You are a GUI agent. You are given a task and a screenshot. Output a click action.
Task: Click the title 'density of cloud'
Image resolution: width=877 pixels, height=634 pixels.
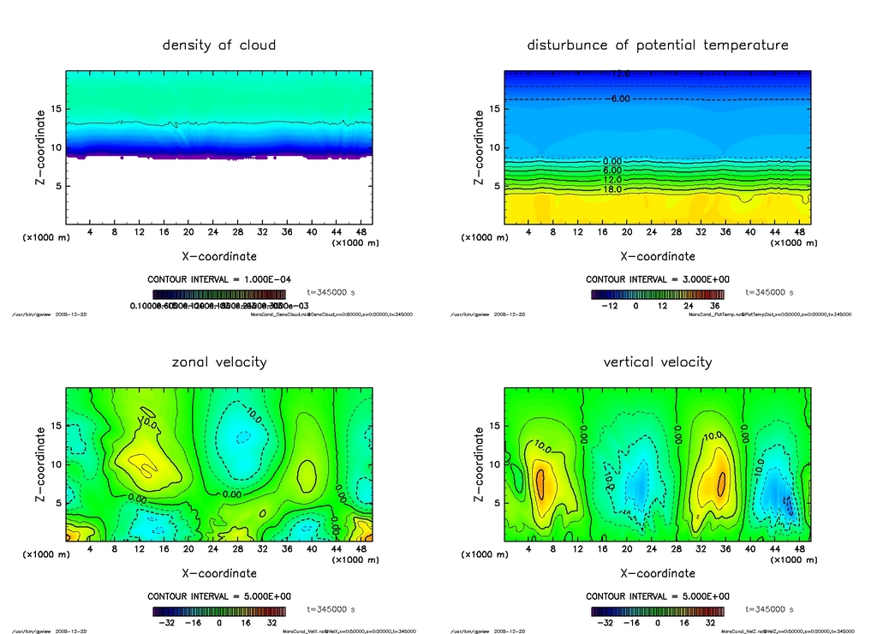click(219, 45)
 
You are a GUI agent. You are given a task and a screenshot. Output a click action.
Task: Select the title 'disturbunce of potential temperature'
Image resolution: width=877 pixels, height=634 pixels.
click(658, 45)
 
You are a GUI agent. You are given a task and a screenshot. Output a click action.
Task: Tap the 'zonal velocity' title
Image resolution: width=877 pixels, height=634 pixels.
click(219, 362)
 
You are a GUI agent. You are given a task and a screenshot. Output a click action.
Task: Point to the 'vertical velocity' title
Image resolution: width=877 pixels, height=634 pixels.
click(658, 362)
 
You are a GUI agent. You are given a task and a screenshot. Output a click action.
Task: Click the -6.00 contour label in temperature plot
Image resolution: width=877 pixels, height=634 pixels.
click(618, 99)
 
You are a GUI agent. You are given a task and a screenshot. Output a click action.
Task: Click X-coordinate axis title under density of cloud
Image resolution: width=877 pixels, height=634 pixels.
click(219, 256)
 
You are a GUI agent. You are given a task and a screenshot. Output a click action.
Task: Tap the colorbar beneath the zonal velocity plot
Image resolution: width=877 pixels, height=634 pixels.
click(219, 612)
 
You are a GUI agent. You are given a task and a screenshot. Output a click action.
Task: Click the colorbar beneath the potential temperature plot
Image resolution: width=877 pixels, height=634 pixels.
click(658, 294)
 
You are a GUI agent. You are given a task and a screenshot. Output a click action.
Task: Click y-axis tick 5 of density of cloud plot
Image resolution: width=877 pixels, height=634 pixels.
click(57, 186)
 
